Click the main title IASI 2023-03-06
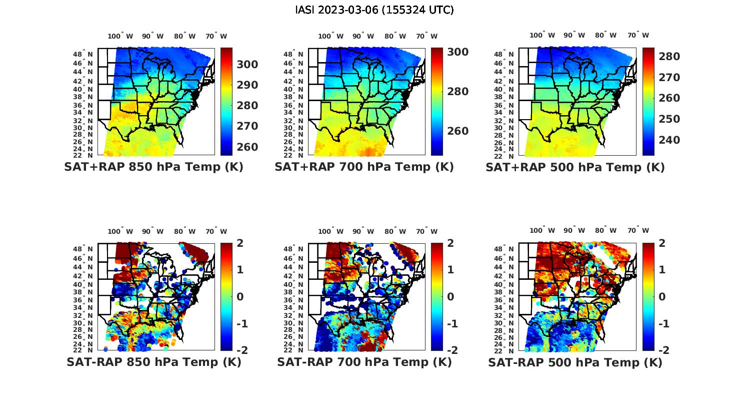(x=374, y=10)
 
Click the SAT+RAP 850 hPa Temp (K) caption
(x=153, y=167)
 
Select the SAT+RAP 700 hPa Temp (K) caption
(x=364, y=167)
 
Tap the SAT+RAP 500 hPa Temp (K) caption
(x=575, y=168)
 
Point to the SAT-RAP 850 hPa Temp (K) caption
(x=153, y=362)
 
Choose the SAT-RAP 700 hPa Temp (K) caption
(x=364, y=362)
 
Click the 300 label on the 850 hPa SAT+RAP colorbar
(x=247, y=65)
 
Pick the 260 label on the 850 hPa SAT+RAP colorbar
(x=247, y=147)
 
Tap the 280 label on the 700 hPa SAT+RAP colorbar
(x=458, y=92)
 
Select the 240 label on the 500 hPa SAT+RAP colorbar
(x=669, y=140)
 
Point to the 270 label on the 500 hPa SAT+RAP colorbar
(x=669, y=78)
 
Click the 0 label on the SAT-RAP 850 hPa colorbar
(x=240, y=297)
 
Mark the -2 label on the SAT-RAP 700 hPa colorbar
(x=448, y=350)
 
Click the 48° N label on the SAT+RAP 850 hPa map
(x=83, y=54)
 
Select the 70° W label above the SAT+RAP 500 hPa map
(x=638, y=35)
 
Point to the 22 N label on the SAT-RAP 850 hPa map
(x=83, y=350)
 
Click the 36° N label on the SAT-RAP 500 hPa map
(x=504, y=300)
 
